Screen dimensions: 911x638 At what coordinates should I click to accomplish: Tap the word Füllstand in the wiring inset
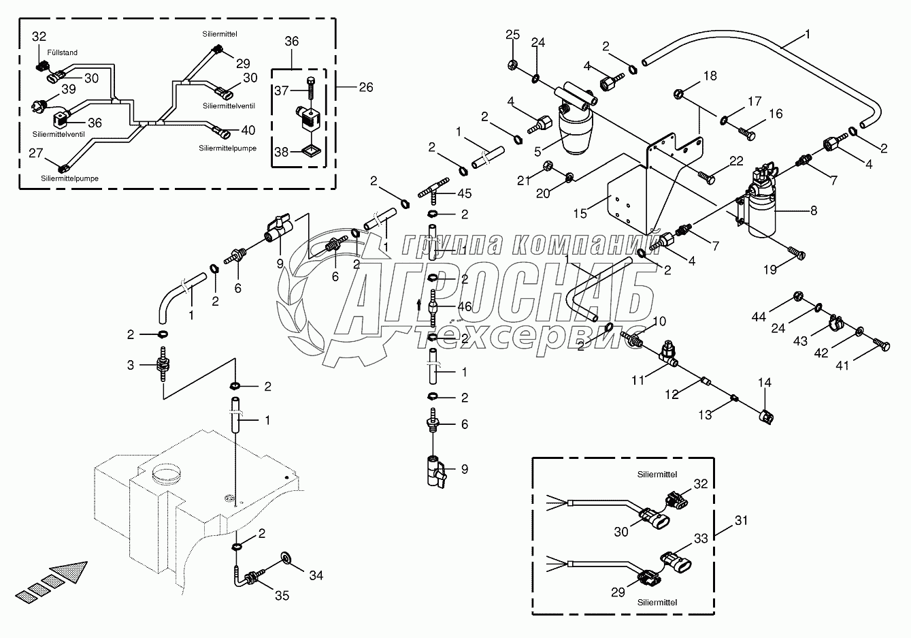click(63, 52)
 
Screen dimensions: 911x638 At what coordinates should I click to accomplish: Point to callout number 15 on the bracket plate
click(580, 214)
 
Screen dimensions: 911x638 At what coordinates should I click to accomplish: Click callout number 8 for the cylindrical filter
click(814, 211)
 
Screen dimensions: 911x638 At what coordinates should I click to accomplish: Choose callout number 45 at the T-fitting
click(465, 193)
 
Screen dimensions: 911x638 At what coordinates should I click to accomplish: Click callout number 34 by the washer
click(316, 576)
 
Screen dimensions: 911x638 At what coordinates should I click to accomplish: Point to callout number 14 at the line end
click(765, 383)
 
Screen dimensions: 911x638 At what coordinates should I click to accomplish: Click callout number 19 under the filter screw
click(769, 270)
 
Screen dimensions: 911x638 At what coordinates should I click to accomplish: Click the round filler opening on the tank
click(167, 471)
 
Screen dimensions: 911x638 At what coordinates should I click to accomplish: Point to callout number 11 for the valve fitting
click(637, 380)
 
